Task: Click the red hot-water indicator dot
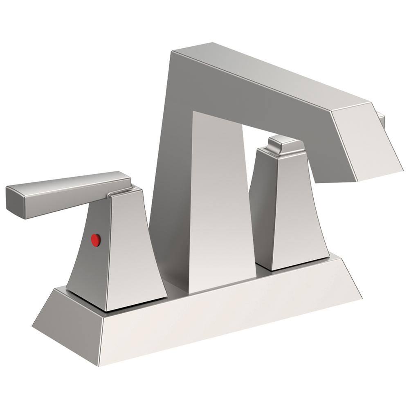pyautogui.click(x=96, y=240)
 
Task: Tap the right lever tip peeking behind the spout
pyautogui.click(x=382, y=119)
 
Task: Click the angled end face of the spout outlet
pyautogui.click(x=368, y=143)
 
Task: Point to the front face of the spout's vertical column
pyautogui.click(x=219, y=204)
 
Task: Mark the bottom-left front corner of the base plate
pyautogui.click(x=99, y=365)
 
